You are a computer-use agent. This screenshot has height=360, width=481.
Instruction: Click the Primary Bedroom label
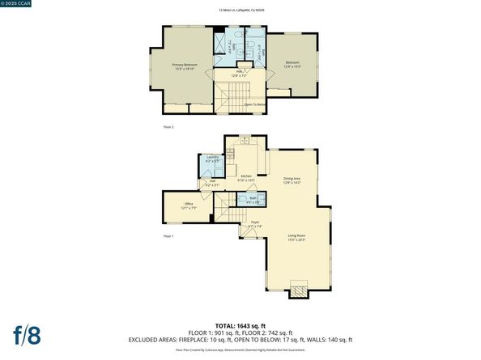185,66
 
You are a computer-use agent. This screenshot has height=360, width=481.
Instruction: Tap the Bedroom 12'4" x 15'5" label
292,64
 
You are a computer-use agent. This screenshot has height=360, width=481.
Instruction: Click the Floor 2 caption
168,127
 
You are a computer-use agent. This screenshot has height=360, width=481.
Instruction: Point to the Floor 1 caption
168,235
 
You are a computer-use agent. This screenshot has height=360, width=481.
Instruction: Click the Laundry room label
213,159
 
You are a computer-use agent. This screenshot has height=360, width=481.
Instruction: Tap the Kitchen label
246,177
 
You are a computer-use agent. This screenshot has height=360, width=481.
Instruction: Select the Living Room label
299,238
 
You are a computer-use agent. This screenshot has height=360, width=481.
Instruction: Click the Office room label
189,205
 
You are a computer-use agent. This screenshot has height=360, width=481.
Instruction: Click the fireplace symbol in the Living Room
299,289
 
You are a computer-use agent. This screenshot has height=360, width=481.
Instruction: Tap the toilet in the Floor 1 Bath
243,199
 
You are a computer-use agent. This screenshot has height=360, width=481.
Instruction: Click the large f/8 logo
28,333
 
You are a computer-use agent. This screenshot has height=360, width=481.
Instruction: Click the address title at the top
240,11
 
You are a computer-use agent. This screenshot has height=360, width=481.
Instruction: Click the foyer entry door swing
243,233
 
